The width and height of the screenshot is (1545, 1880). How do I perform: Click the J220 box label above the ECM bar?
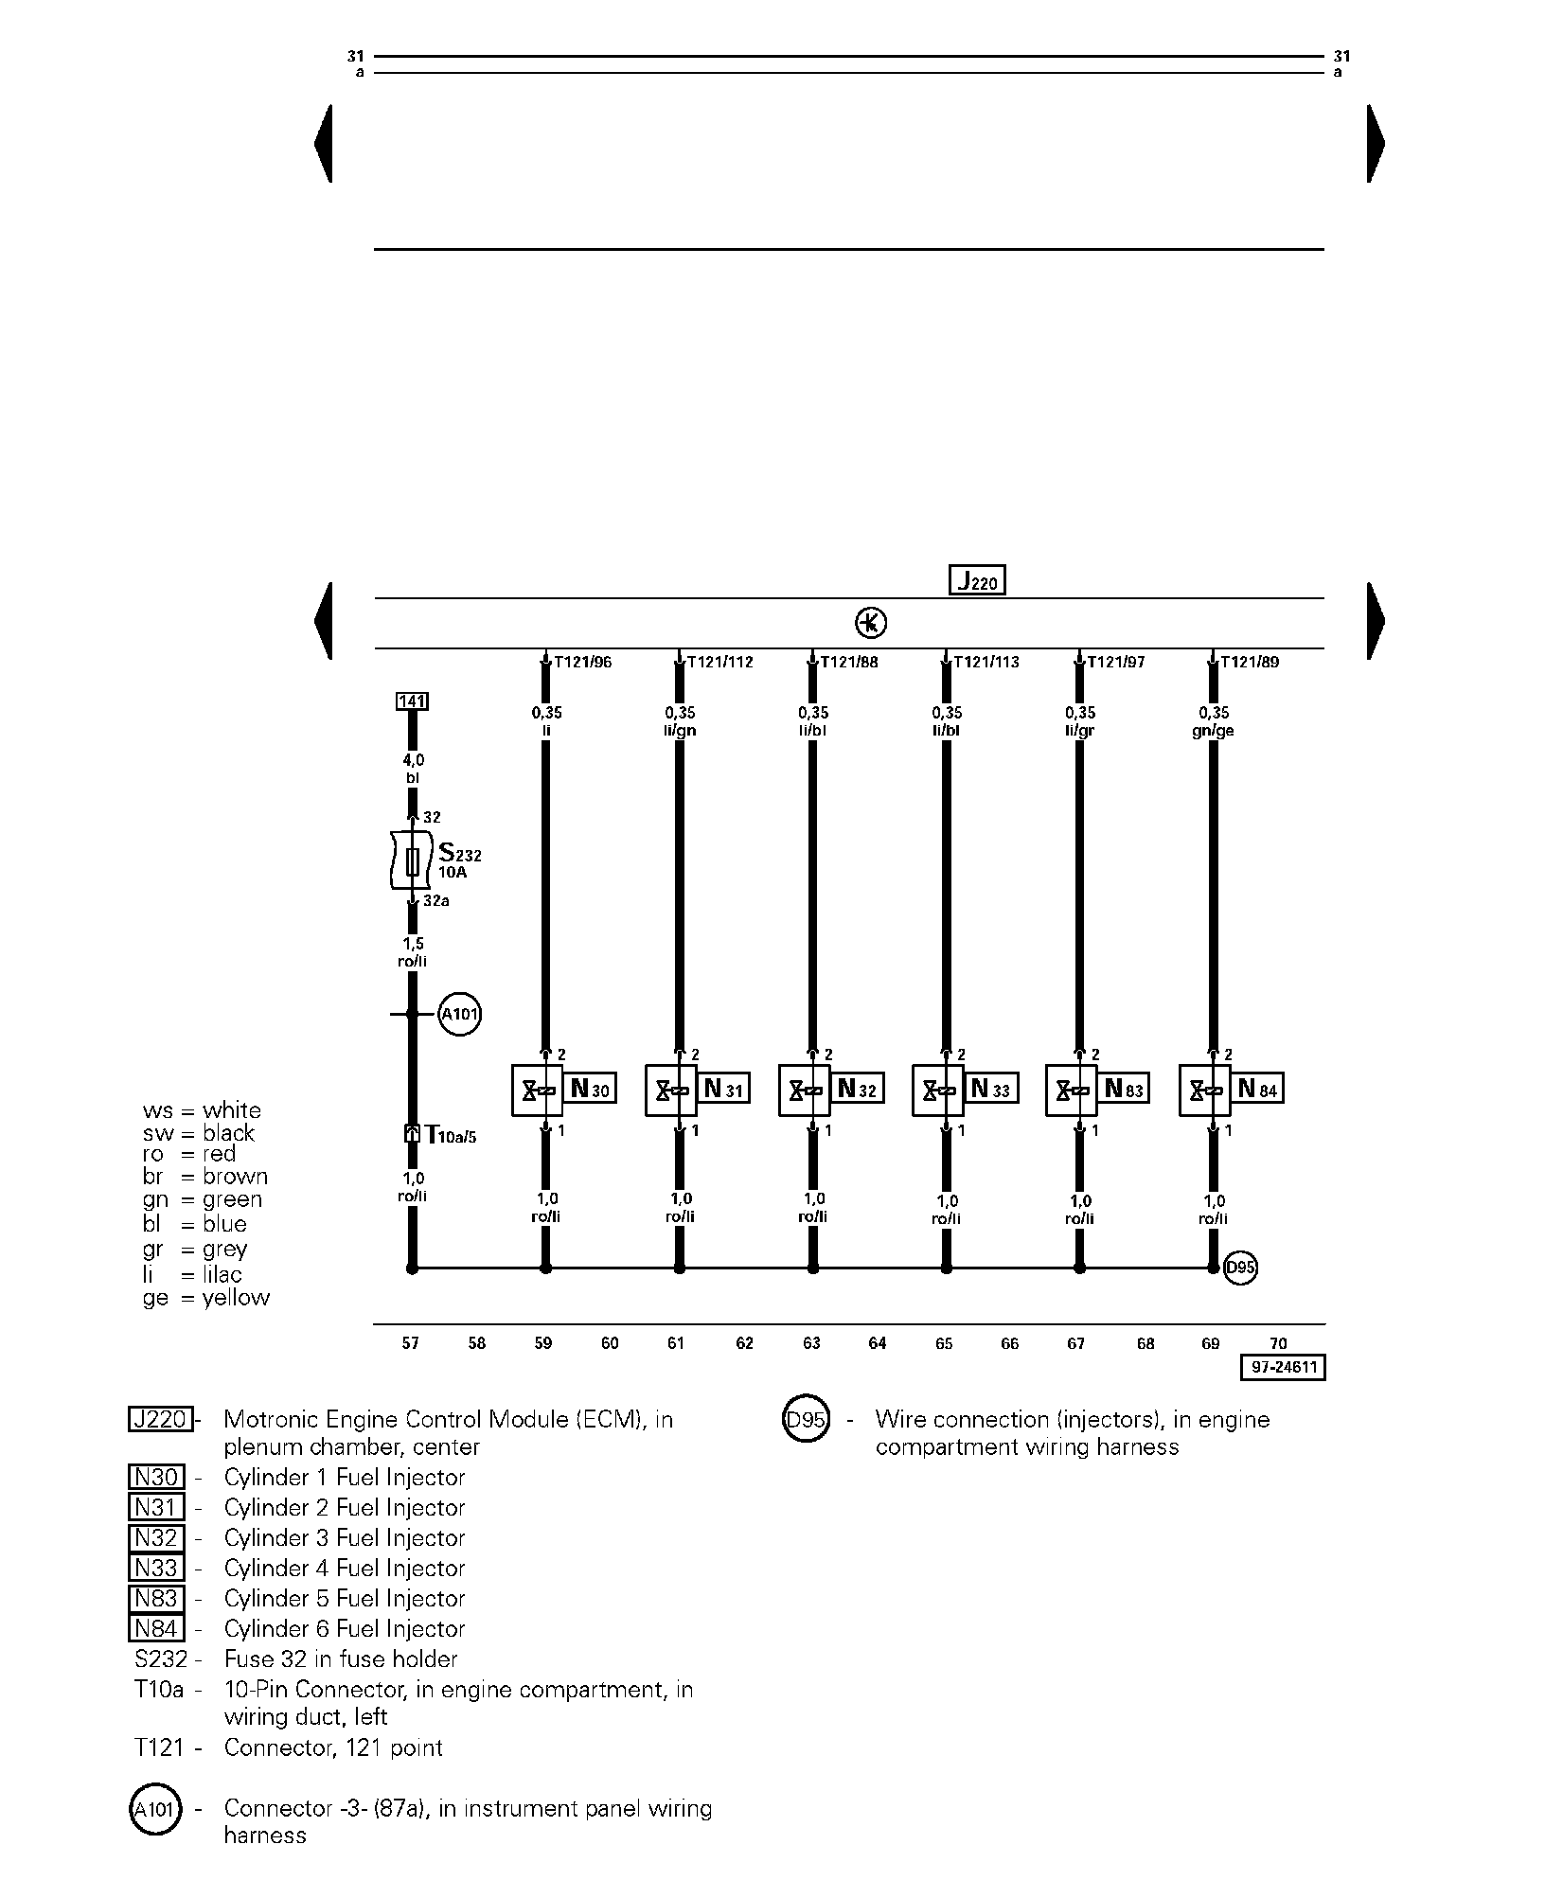click(977, 580)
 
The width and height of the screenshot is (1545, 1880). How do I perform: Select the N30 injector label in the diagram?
click(590, 1090)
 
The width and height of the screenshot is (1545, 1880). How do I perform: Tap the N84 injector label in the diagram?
click(1257, 1090)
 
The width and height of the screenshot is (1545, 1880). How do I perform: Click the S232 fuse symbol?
click(412, 860)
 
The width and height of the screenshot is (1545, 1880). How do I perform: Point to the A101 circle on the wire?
click(460, 1016)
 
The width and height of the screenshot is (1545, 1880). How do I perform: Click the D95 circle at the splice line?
click(1240, 1268)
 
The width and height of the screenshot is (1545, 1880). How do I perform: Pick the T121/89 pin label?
click(1250, 663)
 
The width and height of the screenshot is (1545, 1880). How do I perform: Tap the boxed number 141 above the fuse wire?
click(412, 701)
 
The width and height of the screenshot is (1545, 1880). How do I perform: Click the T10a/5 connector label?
click(450, 1135)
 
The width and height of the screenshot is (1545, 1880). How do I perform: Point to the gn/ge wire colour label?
click(1214, 731)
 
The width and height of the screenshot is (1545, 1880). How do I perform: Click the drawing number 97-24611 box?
click(1283, 1368)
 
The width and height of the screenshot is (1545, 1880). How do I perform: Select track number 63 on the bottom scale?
click(811, 1343)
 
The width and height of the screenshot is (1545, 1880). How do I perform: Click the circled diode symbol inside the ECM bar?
click(871, 623)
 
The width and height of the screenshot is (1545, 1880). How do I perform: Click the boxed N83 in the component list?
click(156, 1599)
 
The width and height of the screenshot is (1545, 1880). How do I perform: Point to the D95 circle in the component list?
click(806, 1421)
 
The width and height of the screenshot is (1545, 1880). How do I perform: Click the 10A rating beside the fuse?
click(452, 873)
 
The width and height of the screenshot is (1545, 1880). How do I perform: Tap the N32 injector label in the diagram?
click(857, 1090)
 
